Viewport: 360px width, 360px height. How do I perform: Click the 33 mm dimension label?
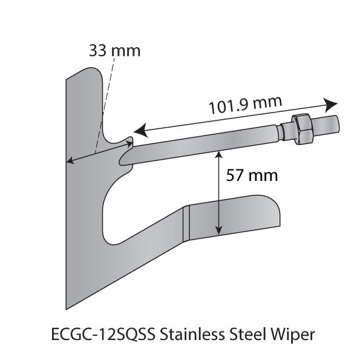[x=114, y=50]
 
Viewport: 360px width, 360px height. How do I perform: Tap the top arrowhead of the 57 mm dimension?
[x=218, y=155]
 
